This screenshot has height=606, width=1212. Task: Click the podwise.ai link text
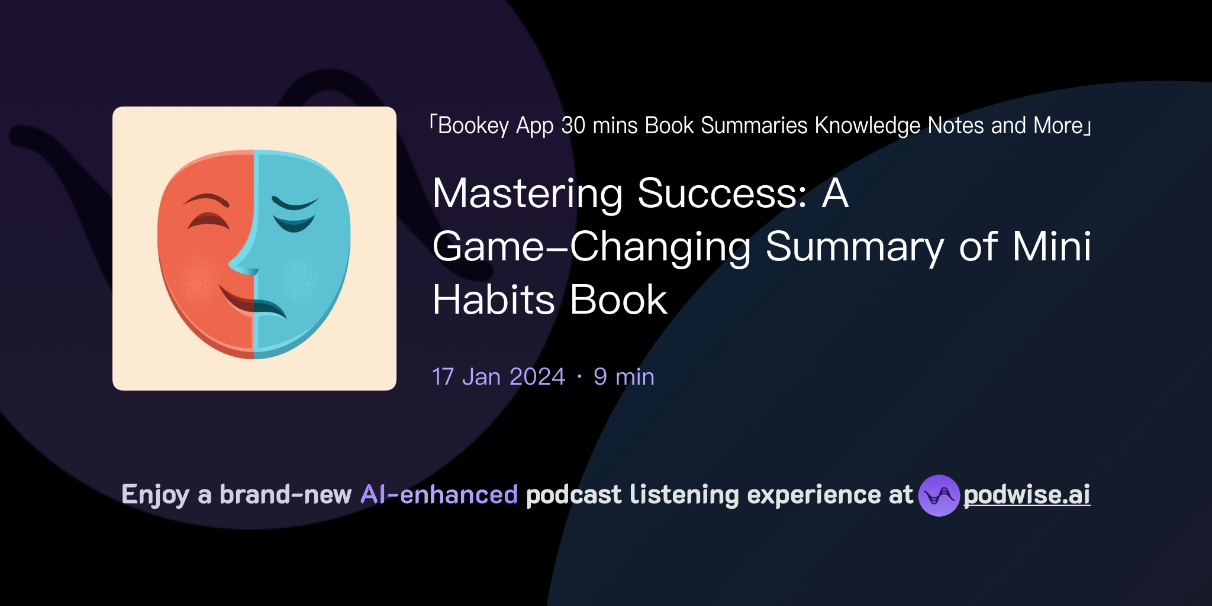1026,495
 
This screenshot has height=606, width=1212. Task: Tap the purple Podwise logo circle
939,495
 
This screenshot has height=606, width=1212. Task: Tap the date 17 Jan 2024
498,377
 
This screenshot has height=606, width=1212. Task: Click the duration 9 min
624,377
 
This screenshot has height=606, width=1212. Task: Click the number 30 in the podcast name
573,125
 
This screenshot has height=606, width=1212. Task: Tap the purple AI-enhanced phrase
439,495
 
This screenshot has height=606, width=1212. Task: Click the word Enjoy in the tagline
155,495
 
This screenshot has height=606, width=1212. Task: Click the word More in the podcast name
1058,125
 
